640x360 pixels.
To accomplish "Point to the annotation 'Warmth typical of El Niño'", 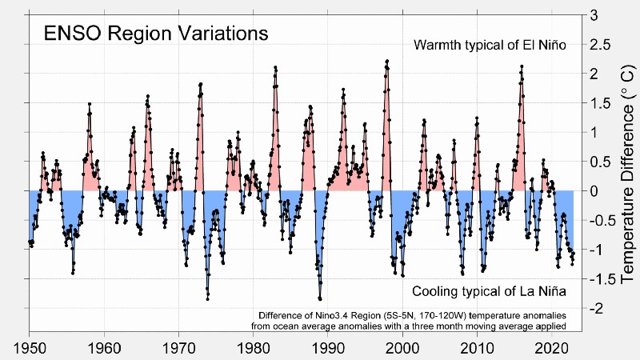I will point(490,45).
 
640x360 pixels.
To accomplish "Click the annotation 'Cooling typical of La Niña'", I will point(490,290).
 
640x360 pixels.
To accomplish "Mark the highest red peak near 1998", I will point(387,61).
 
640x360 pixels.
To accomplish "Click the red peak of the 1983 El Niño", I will point(275,67).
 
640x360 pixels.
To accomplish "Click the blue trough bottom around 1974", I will point(208,298).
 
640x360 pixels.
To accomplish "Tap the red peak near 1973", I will point(201,84).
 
